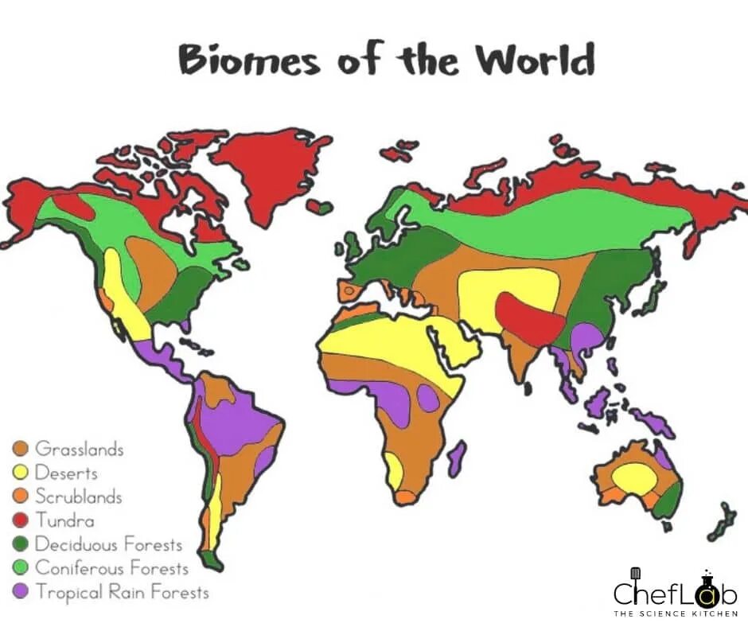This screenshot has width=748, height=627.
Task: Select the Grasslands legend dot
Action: (x=21, y=449)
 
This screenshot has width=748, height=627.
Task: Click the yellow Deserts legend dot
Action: (x=21, y=473)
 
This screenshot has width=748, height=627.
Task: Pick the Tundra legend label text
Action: (x=64, y=520)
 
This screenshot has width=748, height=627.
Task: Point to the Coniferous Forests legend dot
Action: (x=21, y=568)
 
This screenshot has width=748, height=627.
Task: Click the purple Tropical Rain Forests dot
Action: (x=21, y=592)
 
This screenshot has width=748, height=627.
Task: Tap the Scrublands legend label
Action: (x=79, y=497)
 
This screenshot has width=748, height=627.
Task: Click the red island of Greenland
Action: (x=271, y=171)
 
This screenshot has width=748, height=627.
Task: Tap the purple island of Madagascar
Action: (x=456, y=459)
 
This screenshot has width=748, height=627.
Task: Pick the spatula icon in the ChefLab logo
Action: (x=635, y=574)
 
